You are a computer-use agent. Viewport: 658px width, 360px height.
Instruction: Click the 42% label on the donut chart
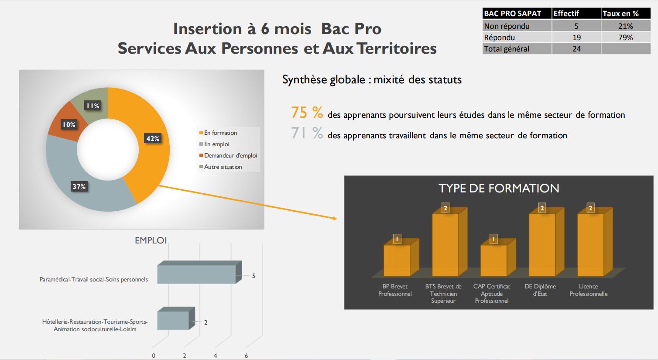[x=153, y=138]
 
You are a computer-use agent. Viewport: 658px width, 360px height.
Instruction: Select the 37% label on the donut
[x=79, y=186]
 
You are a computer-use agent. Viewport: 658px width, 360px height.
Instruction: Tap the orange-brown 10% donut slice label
[x=69, y=125]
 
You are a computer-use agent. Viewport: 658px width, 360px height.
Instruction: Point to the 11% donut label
[x=93, y=106]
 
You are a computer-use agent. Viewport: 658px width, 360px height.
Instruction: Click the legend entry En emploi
[x=214, y=144]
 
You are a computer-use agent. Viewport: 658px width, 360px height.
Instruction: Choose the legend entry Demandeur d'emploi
[x=228, y=155]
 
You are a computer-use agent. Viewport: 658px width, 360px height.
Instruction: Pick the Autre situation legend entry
[x=221, y=167]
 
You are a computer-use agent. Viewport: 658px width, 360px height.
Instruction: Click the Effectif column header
[x=566, y=14]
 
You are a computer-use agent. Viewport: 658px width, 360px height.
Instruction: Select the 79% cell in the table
[x=625, y=38]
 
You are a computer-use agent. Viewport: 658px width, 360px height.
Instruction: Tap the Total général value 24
[x=576, y=49]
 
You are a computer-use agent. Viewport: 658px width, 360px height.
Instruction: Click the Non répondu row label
[x=507, y=26]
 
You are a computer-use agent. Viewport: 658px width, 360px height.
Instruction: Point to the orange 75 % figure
[x=307, y=113]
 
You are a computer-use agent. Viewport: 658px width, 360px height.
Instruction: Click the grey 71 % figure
[x=307, y=133]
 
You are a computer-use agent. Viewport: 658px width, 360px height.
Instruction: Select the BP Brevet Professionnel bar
[x=401, y=257]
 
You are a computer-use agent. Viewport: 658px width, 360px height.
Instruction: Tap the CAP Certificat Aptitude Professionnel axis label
[x=491, y=293]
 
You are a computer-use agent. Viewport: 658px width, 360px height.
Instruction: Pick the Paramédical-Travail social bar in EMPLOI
[x=199, y=272]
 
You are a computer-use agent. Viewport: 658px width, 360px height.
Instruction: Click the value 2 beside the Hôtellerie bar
[x=206, y=322]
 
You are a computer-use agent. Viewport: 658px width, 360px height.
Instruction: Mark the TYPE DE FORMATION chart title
[x=499, y=188]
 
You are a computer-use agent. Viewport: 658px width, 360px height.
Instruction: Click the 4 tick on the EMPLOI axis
[x=215, y=356]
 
